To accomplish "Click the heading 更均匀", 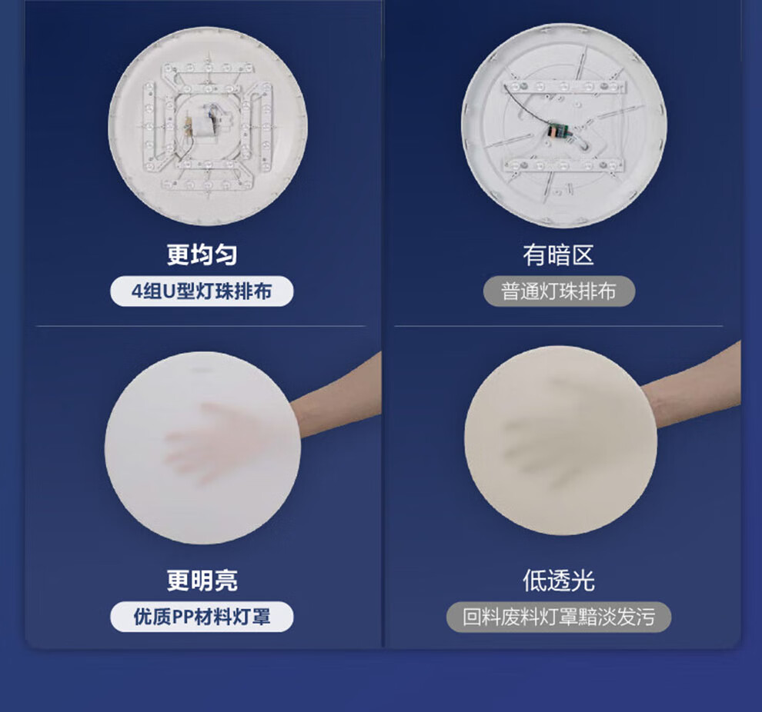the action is (x=202, y=255).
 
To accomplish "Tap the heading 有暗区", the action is (x=559, y=255).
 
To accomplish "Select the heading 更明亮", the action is (x=202, y=580).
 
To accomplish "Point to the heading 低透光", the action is (x=559, y=580).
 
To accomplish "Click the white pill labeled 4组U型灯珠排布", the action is (x=202, y=291).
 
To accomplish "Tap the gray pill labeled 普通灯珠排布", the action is (x=559, y=291).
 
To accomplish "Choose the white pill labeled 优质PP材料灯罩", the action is (x=202, y=617).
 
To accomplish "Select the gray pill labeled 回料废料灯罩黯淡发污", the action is (x=559, y=617).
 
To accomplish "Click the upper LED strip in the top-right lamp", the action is (x=563, y=87).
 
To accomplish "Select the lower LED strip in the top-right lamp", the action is (x=563, y=166).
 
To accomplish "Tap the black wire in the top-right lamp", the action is (x=525, y=107).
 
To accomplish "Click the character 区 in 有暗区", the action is (x=583, y=255).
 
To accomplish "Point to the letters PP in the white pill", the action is (x=184, y=617).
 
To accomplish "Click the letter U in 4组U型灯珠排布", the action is (x=169, y=291).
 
